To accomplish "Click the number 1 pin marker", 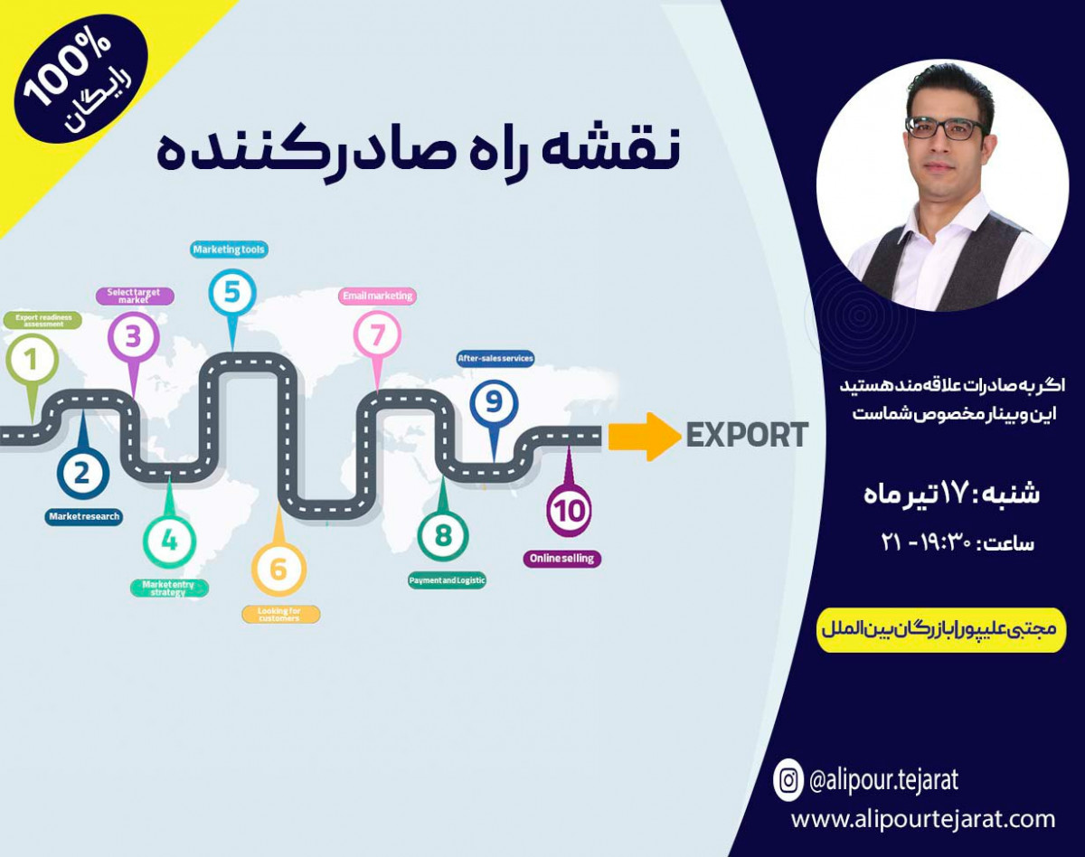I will [32, 361].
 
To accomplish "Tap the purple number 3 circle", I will [134, 338].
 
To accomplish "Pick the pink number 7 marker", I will [377, 335].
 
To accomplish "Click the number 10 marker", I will [569, 511].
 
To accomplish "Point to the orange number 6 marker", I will [278, 570].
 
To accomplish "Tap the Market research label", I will [83, 516].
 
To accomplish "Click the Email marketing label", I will [377, 296].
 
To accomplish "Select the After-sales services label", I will [495, 359].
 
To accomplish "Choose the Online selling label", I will [561, 559].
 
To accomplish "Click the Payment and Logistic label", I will [447, 580].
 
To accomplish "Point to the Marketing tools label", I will [230, 250].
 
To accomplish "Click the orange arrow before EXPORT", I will [643, 437].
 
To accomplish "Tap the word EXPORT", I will [747, 436].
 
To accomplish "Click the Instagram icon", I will [788, 779].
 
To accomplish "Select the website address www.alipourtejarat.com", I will [923, 819].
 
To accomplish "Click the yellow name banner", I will [941, 630].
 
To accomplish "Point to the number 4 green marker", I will [169, 541].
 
